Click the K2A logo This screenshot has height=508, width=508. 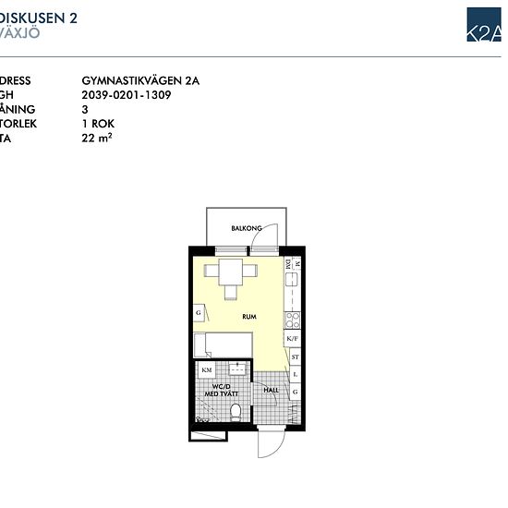(484, 25)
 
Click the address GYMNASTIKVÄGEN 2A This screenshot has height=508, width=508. (140, 81)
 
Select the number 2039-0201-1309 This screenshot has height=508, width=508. (127, 95)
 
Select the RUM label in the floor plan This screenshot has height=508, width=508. (249, 317)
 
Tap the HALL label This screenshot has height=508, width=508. (272, 391)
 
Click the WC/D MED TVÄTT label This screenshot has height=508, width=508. (222, 391)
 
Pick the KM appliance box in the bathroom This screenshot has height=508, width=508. (206, 370)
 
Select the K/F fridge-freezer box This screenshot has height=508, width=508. (294, 339)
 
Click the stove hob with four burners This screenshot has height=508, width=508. (294, 320)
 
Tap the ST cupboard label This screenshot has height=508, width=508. (295, 357)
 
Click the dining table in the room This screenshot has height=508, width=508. (231, 272)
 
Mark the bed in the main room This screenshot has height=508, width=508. (222, 345)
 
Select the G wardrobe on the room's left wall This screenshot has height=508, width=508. (198, 313)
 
